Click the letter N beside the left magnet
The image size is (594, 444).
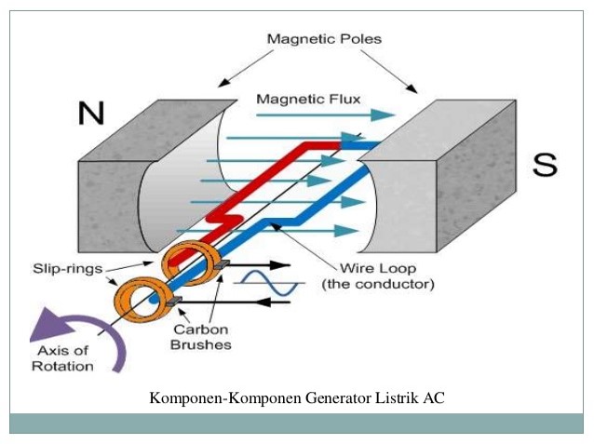tap(91, 113)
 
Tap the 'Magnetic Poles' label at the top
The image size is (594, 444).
tap(324, 39)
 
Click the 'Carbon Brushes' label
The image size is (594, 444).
tap(200, 337)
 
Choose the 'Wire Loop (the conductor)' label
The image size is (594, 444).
tap(377, 276)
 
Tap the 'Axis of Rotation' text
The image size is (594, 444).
tap(66, 358)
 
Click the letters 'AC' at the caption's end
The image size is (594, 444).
tap(435, 398)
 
